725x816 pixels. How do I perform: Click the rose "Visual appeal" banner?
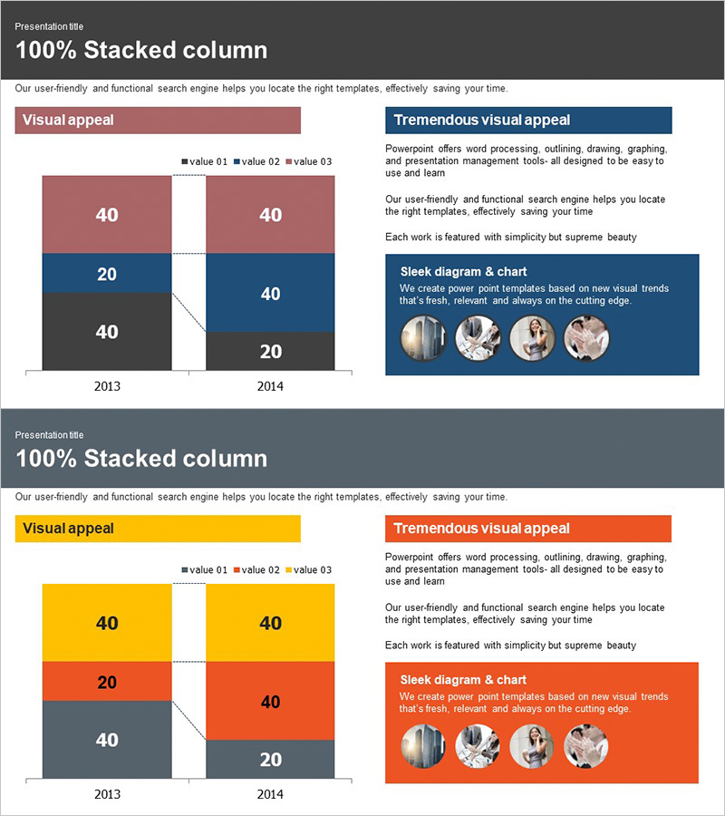click(157, 120)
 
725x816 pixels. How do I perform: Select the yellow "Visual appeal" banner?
click(157, 528)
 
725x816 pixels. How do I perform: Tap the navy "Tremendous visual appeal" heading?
click(528, 120)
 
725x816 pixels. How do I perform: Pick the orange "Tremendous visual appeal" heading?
click(528, 528)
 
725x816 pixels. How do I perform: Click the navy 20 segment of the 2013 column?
click(107, 274)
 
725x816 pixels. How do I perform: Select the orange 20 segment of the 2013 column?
click(107, 682)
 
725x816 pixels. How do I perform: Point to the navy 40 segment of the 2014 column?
click(270, 293)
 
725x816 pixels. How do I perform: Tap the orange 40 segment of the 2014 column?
click(270, 701)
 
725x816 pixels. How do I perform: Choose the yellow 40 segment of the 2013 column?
click(107, 623)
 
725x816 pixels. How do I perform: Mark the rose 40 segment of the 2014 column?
click(270, 215)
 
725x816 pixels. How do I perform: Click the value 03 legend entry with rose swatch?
click(309, 161)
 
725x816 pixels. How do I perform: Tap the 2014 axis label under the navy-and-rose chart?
click(270, 386)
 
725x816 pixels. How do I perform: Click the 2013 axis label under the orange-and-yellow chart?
click(107, 794)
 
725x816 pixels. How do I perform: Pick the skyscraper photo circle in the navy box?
click(423, 338)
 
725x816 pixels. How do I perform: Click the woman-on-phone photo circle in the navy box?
click(532, 338)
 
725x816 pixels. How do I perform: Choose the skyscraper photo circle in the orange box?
click(423, 746)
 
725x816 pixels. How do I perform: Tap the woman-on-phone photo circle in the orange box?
click(532, 746)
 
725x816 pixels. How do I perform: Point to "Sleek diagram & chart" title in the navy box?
click(463, 272)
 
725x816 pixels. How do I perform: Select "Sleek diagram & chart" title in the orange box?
click(463, 680)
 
